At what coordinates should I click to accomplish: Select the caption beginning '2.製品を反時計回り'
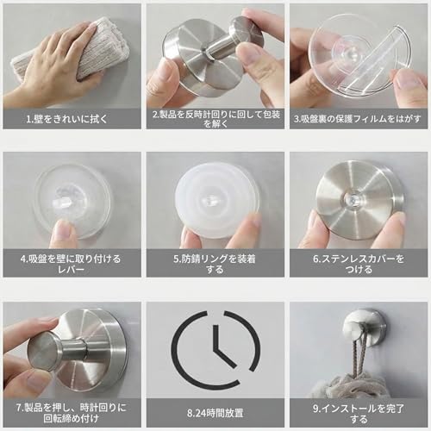[215, 118]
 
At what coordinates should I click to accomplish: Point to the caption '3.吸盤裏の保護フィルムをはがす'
[359, 118]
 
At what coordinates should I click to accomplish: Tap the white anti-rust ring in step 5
[215, 200]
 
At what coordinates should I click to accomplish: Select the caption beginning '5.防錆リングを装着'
[215, 262]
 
